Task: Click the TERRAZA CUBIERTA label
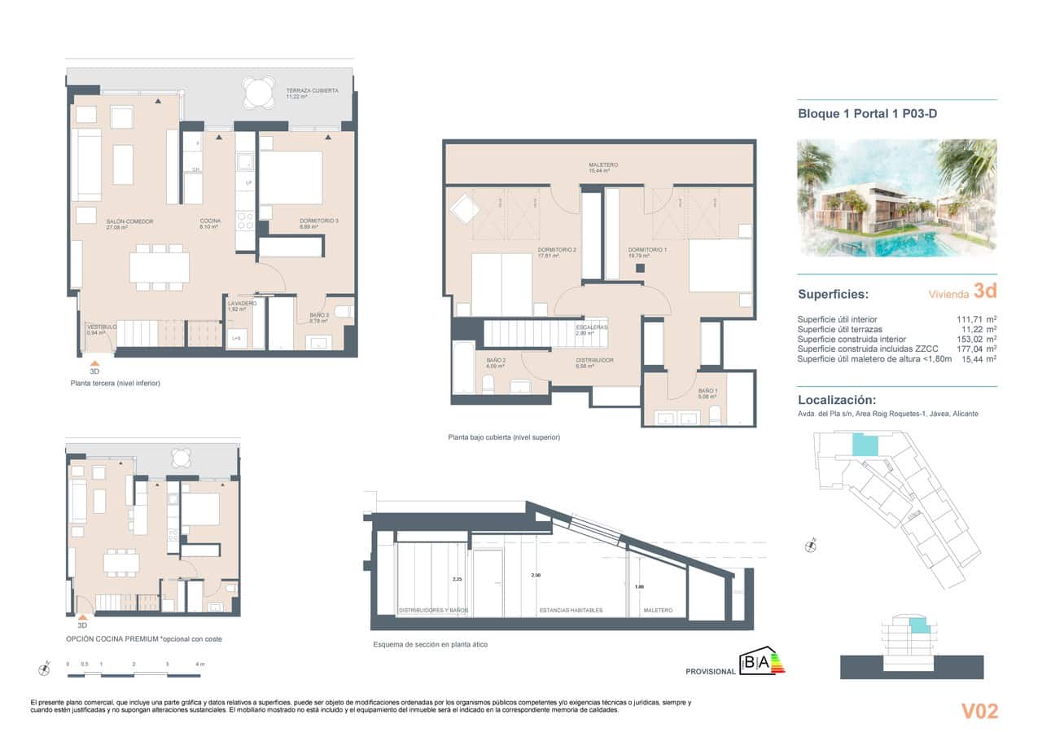(312, 90)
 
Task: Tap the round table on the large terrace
(259, 93)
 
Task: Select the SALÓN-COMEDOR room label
(129, 222)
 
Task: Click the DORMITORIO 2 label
(557, 250)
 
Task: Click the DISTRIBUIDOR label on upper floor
(594, 361)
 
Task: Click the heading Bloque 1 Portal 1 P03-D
(867, 114)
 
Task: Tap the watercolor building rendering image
(896, 198)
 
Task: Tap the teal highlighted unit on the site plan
(865, 445)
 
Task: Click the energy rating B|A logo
(761, 663)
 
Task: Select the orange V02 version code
(979, 711)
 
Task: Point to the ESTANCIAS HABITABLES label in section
(571, 610)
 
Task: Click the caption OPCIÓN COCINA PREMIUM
(143, 639)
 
